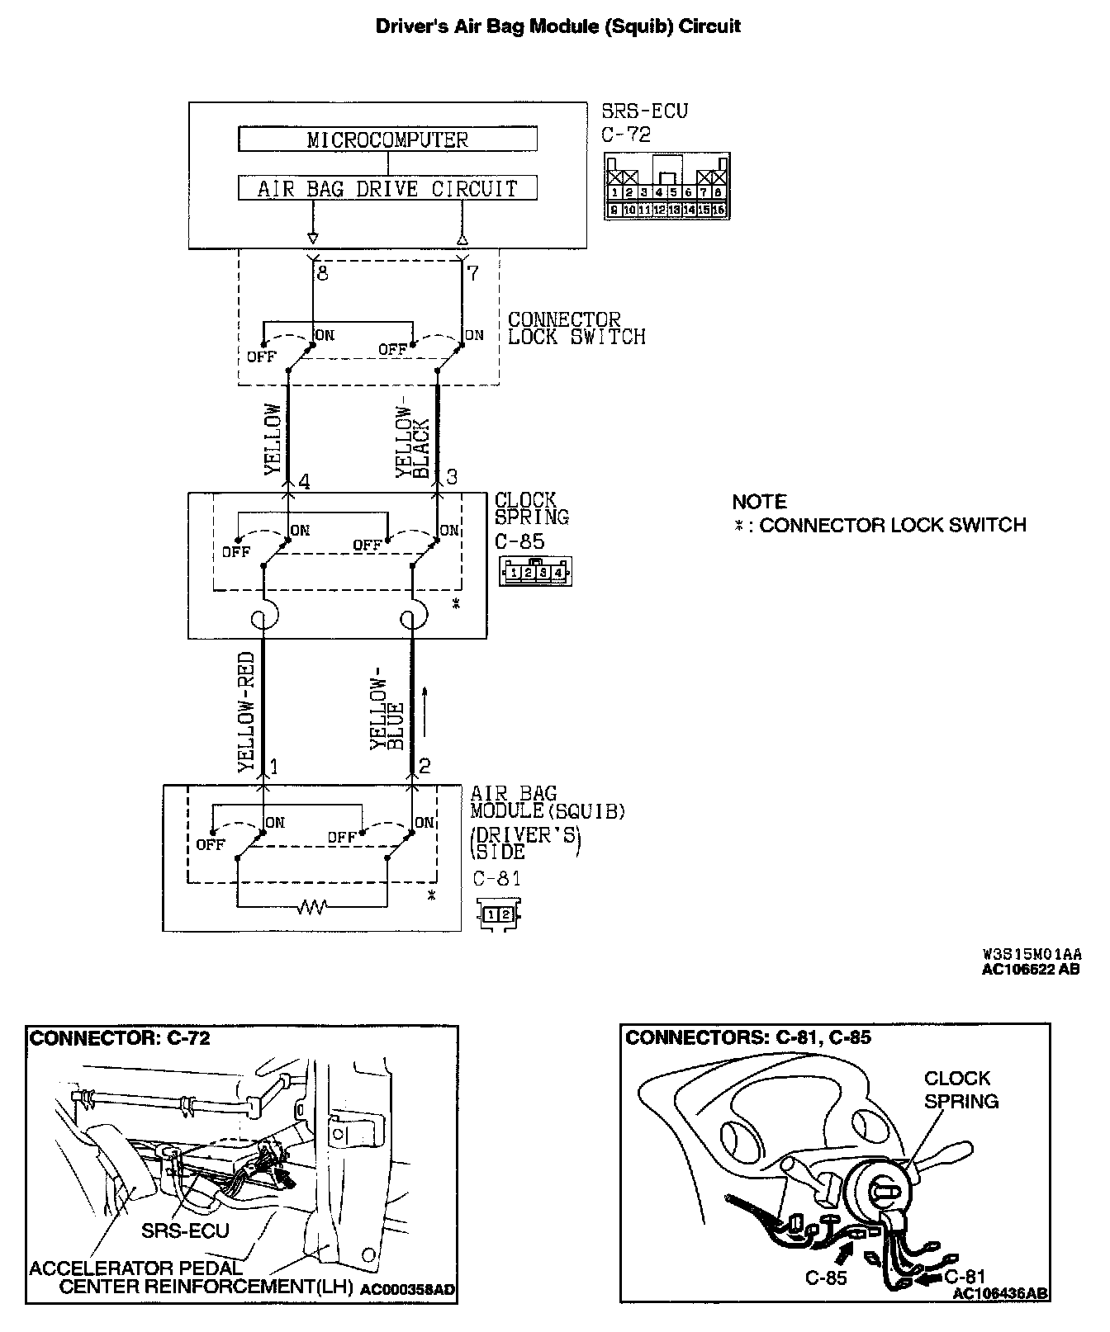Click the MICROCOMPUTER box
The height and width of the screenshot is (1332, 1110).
tap(387, 139)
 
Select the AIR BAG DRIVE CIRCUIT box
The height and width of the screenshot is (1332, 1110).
tap(387, 188)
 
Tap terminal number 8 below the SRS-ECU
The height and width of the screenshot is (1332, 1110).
tap(323, 273)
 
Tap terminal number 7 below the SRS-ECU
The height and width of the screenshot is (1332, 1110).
tap(472, 273)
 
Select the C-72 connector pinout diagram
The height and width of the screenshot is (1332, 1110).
tap(666, 186)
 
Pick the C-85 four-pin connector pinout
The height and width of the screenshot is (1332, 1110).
tap(536, 571)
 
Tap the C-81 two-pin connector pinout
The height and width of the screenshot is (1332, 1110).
tap(499, 914)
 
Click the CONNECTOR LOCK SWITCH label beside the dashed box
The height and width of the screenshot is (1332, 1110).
tap(576, 328)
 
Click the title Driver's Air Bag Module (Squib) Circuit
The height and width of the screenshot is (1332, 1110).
tap(558, 26)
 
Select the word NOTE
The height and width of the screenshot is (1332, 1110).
tap(759, 502)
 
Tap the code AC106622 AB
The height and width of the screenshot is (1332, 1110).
tap(1030, 970)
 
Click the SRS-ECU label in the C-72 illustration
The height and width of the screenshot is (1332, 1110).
tap(185, 1230)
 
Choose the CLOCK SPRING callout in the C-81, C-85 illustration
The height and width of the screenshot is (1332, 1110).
tap(961, 1089)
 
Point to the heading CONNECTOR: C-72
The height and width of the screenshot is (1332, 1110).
tap(120, 1038)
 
